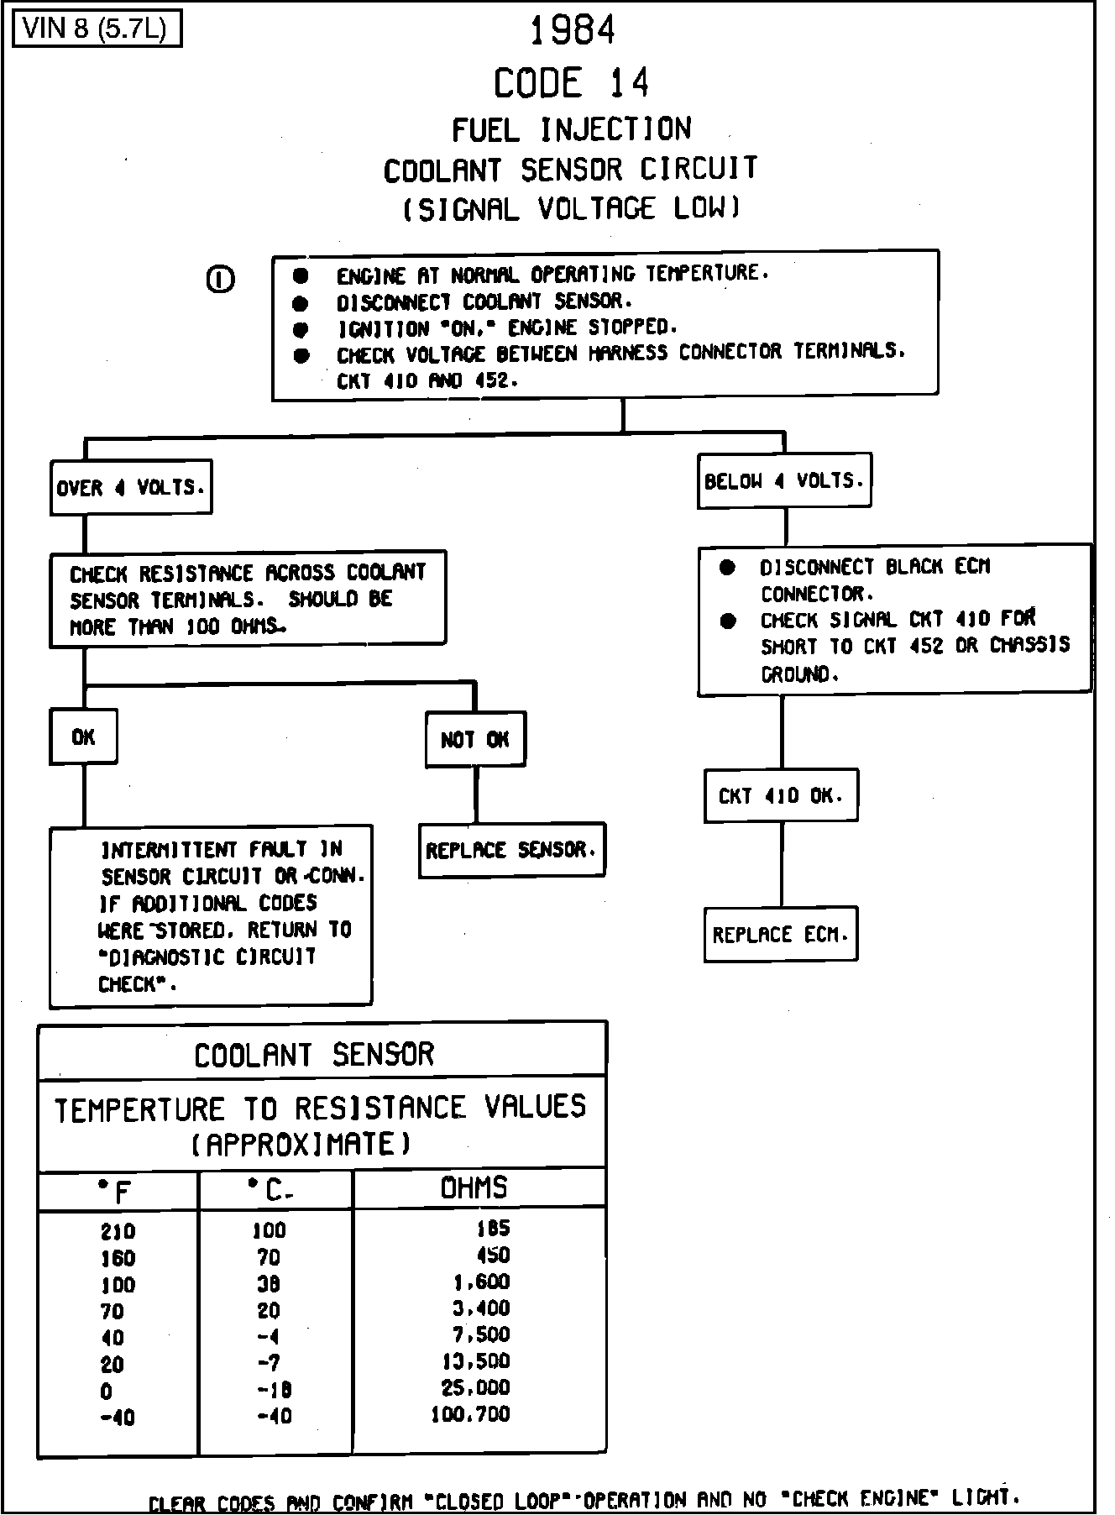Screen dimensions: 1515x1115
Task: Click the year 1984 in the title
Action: pyautogui.click(x=573, y=31)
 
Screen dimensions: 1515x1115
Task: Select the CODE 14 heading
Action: pyautogui.click(x=571, y=82)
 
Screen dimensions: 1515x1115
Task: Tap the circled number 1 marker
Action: pyautogui.click(x=220, y=279)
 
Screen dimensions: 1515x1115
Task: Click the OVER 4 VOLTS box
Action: pyautogui.click(x=131, y=487)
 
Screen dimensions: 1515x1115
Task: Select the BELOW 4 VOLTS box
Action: pyautogui.click(x=783, y=481)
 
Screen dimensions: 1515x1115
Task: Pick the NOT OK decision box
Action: pyautogui.click(x=475, y=739)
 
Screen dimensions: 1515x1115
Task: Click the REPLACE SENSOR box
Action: pyautogui.click(x=511, y=850)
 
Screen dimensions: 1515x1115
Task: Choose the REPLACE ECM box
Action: pyautogui.click(x=780, y=934)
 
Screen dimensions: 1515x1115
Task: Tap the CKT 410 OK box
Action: pyautogui.click(x=780, y=795)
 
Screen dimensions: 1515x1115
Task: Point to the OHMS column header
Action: pyautogui.click(x=474, y=1187)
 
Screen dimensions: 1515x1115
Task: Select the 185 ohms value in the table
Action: pyautogui.click(x=493, y=1229)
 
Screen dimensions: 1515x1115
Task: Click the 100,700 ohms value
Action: pyautogui.click(x=470, y=1414)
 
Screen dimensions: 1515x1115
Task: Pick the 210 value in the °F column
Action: pyautogui.click(x=118, y=1232)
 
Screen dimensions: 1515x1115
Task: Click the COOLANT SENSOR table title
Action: pyautogui.click(x=314, y=1054)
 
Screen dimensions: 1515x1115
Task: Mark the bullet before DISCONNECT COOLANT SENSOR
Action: pyautogui.click(x=301, y=302)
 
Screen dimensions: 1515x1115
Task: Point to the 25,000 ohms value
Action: pyautogui.click(x=475, y=1387)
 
